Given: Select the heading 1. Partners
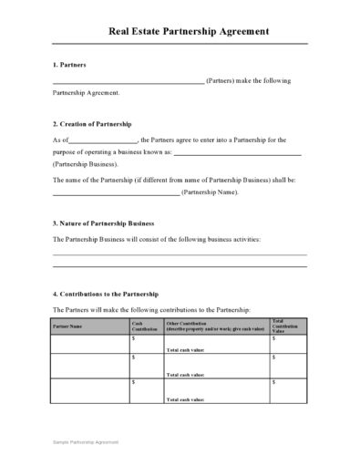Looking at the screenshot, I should click(x=69, y=66).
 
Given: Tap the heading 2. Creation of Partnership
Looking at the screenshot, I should click(x=92, y=123).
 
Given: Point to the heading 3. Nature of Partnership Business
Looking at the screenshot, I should click(x=103, y=223).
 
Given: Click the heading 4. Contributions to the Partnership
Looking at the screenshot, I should click(x=106, y=294).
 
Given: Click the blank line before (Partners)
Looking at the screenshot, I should click(x=128, y=82).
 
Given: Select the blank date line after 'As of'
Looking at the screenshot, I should click(x=103, y=141).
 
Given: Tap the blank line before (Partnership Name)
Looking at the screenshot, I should click(x=116, y=194).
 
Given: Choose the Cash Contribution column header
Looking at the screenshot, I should click(x=145, y=326).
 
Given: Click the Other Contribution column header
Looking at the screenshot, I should click(x=215, y=326).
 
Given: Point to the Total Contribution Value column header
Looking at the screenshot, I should click(x=286, y=326).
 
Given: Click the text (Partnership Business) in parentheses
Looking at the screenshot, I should click(x=85, y=164).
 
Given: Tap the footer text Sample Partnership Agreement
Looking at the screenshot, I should click(x=85, y=441).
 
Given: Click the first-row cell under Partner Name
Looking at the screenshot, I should click(x=90, y=344).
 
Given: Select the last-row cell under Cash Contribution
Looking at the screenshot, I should click(x=146, y=390).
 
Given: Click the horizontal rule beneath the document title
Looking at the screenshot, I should click(x=180, y=44).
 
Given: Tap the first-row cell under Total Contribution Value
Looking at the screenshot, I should click(x=288, y=344).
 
